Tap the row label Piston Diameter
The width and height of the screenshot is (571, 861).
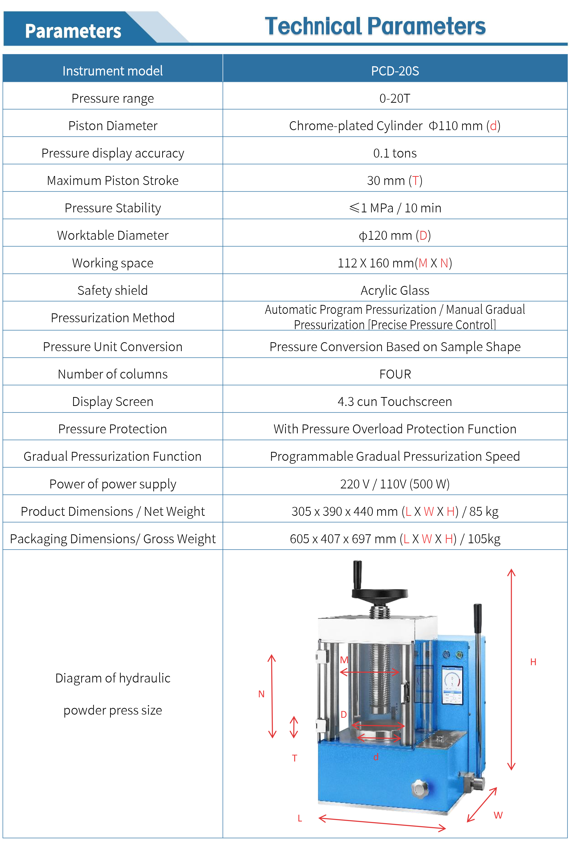coord(113,126)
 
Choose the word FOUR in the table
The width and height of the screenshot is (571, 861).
coord(395,374)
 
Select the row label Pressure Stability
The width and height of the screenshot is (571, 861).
coord(113,208)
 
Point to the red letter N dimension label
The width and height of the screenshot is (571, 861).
coord(261,694)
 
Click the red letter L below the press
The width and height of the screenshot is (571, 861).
coord(300,818)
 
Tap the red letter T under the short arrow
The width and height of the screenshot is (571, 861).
coord(295,758)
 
